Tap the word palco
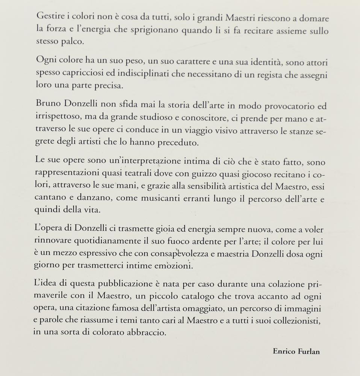click(73, 41)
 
